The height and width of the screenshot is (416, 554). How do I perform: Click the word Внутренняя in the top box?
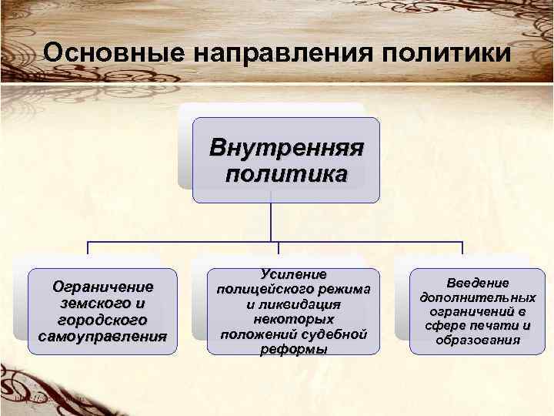pyautogui.click(x=286, y=146)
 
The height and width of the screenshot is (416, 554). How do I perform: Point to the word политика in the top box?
pyautogui.click(x=286, y=173)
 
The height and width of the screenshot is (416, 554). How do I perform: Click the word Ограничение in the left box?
pyautogui.click(x=102, y=287)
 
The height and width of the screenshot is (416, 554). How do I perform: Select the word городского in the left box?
pyautogui.click(x=102, y=320)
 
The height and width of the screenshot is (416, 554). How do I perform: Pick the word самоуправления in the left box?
pyautogui.click(x=102, y=337)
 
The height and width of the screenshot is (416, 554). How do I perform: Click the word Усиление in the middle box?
pyautogui.click(x=293, y=274)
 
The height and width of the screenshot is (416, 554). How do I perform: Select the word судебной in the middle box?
pyautogui.click(x=330, y=334)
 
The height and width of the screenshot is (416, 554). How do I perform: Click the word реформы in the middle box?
pyautogui.click(x=293, y=349)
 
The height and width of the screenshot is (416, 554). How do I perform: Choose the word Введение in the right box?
pyautogui.click(x=478, y=283)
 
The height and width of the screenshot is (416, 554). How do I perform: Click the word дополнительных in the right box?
pyautogui.click(x=478, y=297)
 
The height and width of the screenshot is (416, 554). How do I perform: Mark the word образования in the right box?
pyautogui.click(x=478, y=339)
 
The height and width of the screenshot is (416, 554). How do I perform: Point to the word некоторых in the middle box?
pyautogui.click(x=293, y=319)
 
